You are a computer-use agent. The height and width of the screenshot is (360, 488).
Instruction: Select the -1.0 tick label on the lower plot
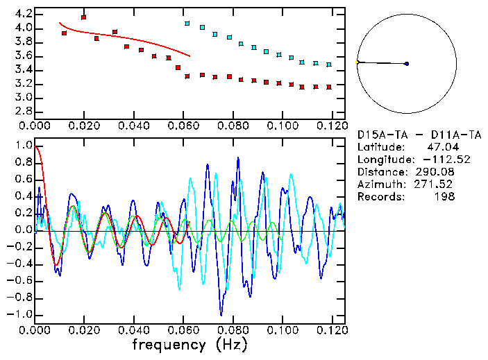pyautogui.click(x=19, y=314)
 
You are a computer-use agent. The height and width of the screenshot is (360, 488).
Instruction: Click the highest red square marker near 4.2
pyautogui.click(x=84, y=17)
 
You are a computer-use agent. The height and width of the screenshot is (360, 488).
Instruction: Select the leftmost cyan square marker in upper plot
pyautogui.click(x=187, y=24)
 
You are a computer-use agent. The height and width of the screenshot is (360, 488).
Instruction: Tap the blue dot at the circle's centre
pyautogui.click(x=407, y=64)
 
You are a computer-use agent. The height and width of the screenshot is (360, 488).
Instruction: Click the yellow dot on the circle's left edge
pyautogui.click(x=357, y=62)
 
